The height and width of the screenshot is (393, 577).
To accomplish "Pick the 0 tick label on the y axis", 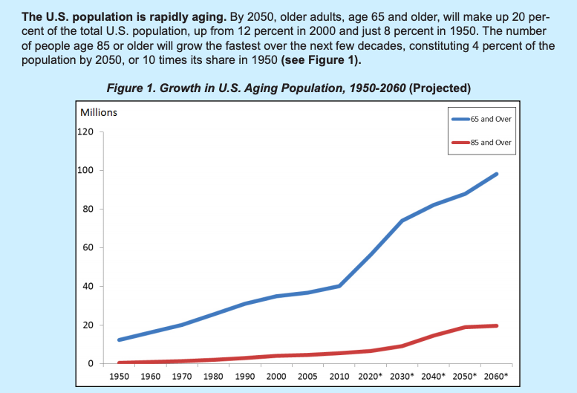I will pyautogui.click(x=90, y=364).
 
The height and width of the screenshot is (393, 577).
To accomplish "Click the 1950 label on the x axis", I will pyautogui.click(x=119, y=377).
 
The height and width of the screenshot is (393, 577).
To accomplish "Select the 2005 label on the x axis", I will pyautogui.click(x=307, y=377).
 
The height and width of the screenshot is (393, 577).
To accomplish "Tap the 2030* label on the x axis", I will pyautogui.click(x=402, y=377).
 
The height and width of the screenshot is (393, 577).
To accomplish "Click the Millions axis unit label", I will pyautogui.click(x=99, y=112).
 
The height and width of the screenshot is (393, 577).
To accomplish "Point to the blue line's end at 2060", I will pyautogui.click(x=496, y=174).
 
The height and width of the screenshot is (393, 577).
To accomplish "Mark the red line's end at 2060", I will pyautogui.click(x=496, y=325).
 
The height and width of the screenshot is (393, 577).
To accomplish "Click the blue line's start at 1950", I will pyautogui.click(x=119, y=340).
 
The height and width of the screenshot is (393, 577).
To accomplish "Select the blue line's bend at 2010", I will pyautogui.click(x=339, y=286).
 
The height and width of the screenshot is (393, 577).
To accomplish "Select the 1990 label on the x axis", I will pyautogui.click(x=244, y=377).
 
